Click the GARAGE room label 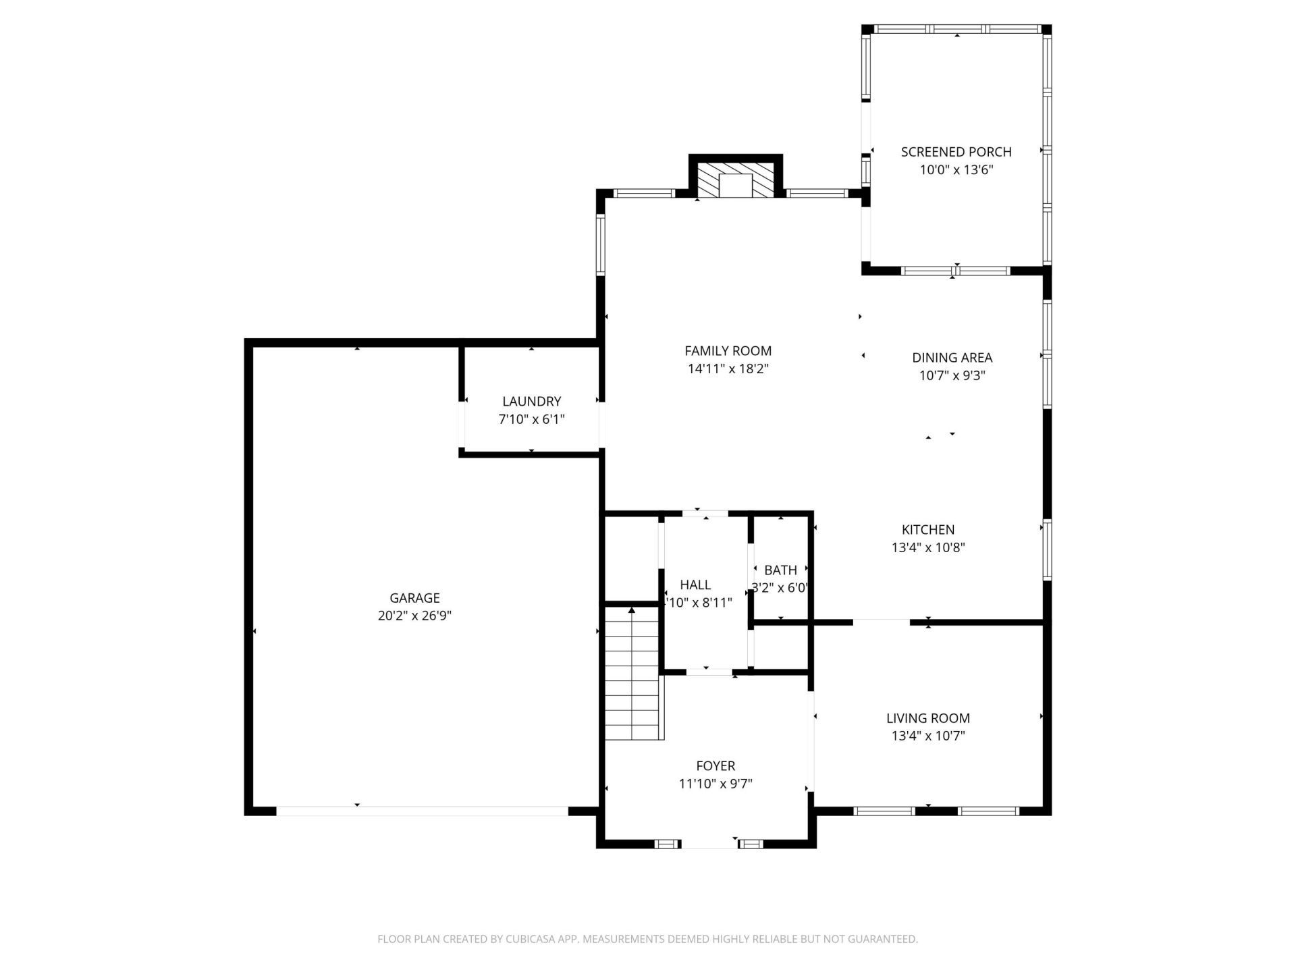tap(414, 598)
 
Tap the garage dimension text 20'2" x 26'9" tap(414, 616)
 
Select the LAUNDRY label tap(531, 402)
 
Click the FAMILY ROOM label tap(728, 351)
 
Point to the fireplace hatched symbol tap(735, 179)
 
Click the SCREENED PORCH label tap(956, 152)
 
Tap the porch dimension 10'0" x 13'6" tap(956, 170)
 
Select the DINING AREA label tap(952, 358)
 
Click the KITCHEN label tap(928, 530)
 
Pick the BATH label tap(780, 570)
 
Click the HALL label tap(695, 585)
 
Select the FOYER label tap(715, 766)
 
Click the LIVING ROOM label tap(928, 718)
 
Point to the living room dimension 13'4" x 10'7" tap(928, 736)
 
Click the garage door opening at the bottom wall tap(423, 811)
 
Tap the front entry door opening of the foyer tap(708, 844)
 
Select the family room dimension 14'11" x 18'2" tap(728, 369)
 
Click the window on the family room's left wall tap(600, 244)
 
